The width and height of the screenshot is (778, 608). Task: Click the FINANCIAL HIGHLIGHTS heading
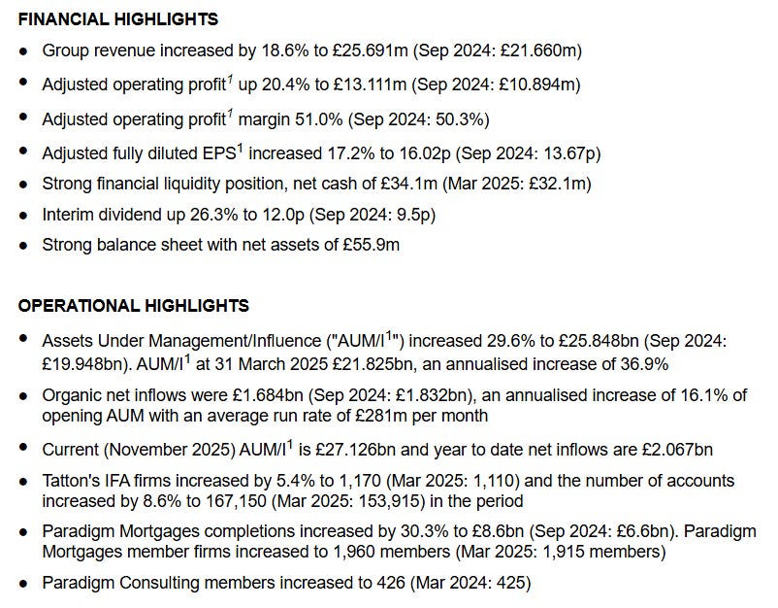[117, 19]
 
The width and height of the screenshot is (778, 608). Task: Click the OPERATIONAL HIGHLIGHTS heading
[133, 306]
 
